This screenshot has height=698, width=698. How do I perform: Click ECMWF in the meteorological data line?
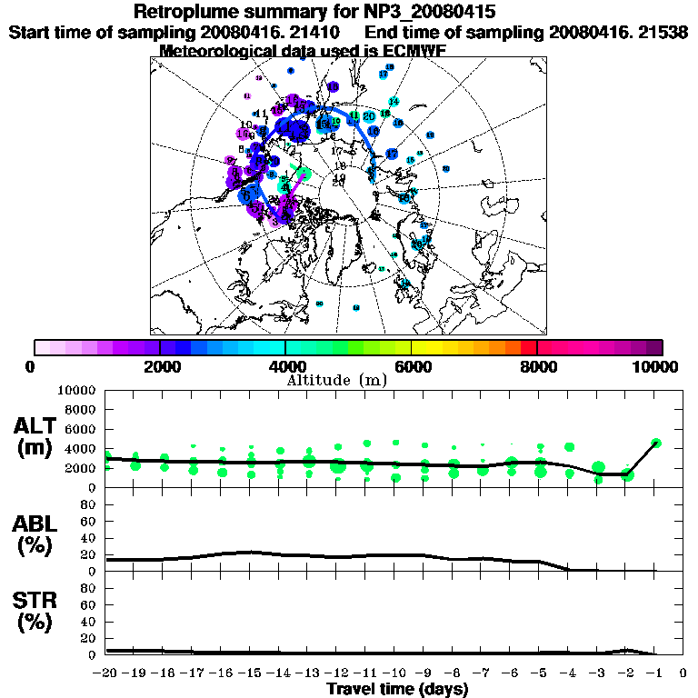click(x=414, y=51)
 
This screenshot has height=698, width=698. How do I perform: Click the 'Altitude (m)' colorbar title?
click(x=349, y=379)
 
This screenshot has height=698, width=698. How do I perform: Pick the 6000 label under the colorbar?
click(x=412, y=366)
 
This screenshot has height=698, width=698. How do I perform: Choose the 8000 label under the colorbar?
click(x=537, y=366)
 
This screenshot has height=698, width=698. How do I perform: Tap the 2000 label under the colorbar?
click(x=160, y=366)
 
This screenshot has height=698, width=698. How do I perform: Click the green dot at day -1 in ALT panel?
click(x=656, y=444)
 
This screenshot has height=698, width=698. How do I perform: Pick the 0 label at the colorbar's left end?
click(x=35, y=366)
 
